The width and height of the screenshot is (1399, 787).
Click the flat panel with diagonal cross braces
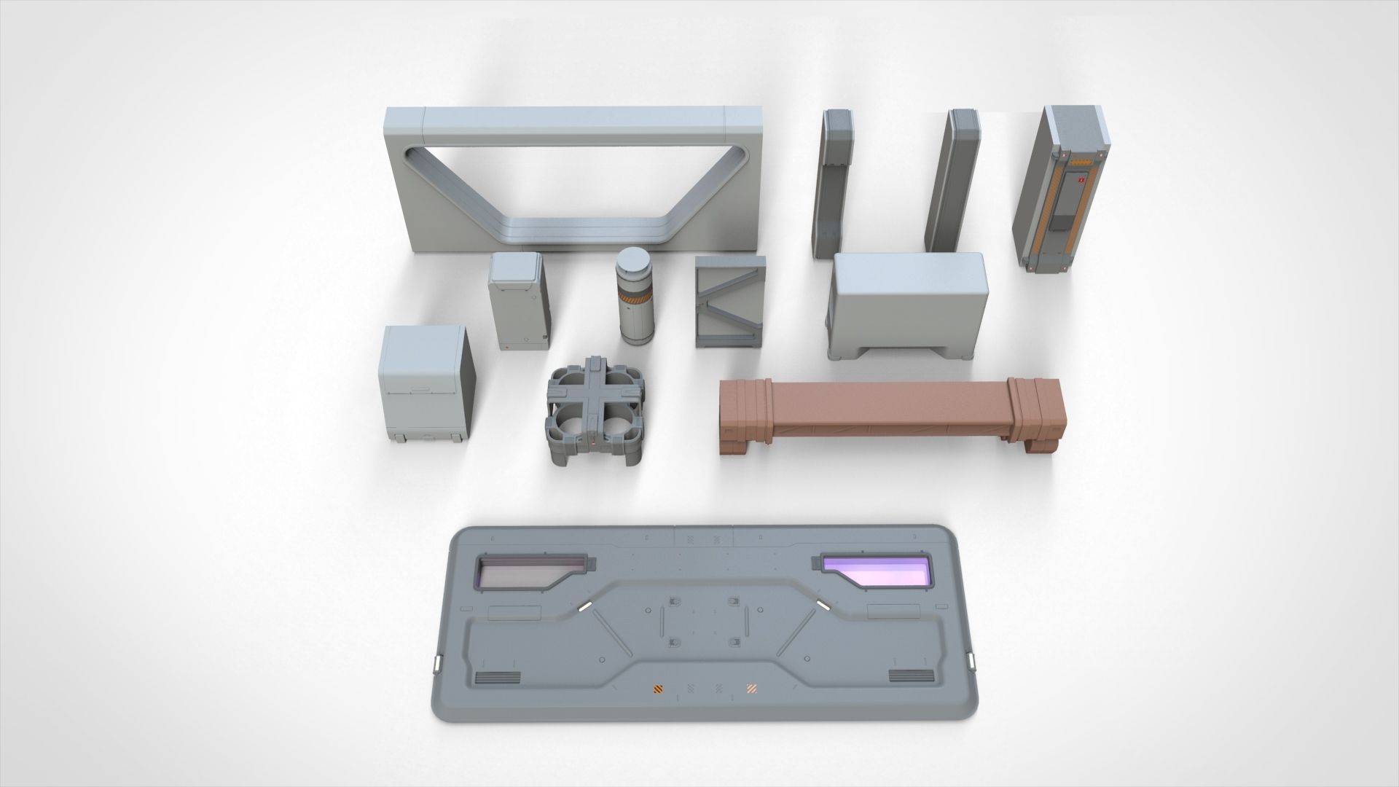pyautogui.click(x=730, y=301)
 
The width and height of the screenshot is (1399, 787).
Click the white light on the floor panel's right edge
pyautogui.click(x=971, y=661)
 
